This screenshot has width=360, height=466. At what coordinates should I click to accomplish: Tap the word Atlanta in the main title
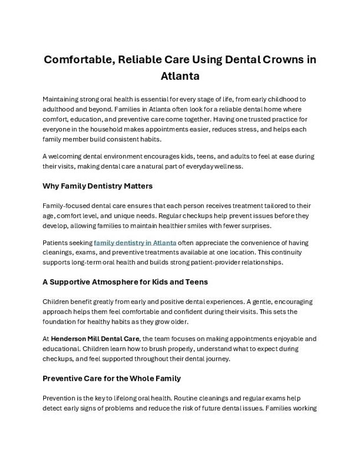click(x=180, y=75)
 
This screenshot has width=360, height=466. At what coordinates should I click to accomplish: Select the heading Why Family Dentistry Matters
click(x=97, y=186)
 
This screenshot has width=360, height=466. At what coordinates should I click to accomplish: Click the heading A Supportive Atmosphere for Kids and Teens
click(x=125, y=281)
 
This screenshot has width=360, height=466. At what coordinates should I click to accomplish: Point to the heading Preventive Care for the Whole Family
click(x=111, y=378)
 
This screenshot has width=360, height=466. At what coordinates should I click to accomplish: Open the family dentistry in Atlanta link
click(x=135, y=243)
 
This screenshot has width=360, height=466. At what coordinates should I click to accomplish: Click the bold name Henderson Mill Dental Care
click(x=95, y=339)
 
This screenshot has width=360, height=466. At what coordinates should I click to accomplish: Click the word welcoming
click(x=67, y=157)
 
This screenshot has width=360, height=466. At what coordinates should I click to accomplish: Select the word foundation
click(x=60, y=322)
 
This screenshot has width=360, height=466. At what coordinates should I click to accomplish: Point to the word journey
click(x=217, y=359)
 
